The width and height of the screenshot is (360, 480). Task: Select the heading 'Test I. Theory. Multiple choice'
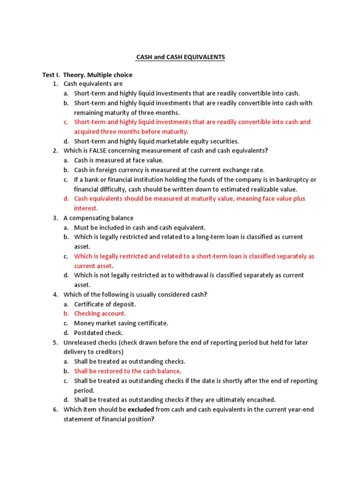click(x=87, y=75)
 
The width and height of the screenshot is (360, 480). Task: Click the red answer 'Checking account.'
click(x=100, y=314)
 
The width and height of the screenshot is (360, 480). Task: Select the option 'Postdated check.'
click(x=98, y=333)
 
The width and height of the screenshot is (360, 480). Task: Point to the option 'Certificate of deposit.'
click(x=105, y=304)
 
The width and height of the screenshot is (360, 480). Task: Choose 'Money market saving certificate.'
click(x=121, y=323)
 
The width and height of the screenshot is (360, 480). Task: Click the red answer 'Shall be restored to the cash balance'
click(x=127, y=371)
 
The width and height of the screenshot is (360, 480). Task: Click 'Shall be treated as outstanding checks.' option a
click(x=129, y=361)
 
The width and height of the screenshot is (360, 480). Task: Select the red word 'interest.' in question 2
click(x=86, y=209)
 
